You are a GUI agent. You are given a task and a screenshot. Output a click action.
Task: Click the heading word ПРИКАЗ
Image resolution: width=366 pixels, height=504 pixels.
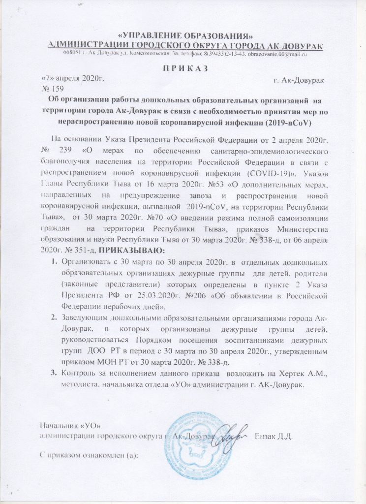click(183, 68)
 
